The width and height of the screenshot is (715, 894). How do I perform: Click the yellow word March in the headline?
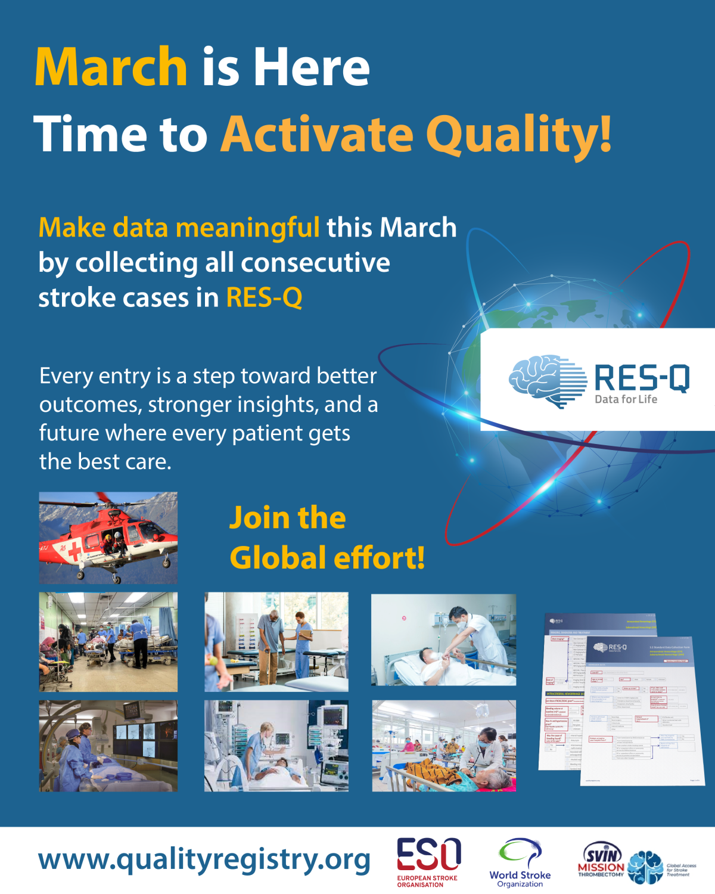[111, 67]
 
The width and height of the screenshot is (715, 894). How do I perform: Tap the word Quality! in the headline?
[518, 134]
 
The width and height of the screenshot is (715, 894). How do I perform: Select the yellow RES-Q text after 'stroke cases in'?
[264, 297]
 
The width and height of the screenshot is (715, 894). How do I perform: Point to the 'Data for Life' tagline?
[626, 399]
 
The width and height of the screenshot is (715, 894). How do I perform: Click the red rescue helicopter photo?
[108, 538]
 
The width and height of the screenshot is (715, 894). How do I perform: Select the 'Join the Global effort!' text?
[327, 538]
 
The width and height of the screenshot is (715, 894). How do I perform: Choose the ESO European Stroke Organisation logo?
[428, 862]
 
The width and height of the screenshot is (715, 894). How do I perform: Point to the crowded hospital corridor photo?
[108, 642]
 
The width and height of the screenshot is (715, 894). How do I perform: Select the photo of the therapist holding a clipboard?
[276, 642]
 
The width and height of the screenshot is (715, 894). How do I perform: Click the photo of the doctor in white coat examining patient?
[444, 640]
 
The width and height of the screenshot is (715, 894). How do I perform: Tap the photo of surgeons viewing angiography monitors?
[108, 746]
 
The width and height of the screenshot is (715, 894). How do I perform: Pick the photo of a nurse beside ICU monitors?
[276, 746]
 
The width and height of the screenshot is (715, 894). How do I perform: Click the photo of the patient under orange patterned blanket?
[444, 746]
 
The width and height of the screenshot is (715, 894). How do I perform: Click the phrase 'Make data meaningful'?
[179, 228]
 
